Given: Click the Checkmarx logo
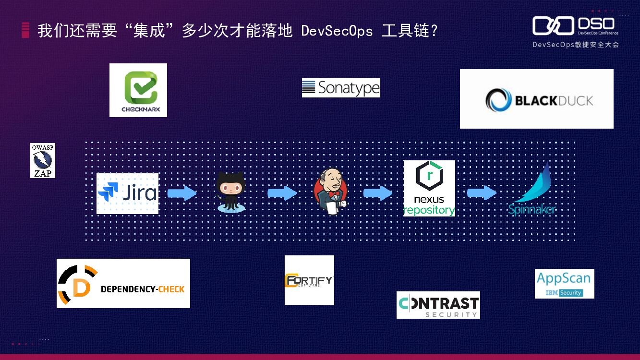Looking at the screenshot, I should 138,90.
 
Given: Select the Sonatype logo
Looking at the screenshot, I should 341,88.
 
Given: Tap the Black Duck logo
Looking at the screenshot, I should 536,99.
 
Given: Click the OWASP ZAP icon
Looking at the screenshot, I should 43,160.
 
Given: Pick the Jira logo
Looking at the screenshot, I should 128,193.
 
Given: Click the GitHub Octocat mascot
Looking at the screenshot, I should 231,192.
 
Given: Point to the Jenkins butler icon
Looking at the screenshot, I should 331,192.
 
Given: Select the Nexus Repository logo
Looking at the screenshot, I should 429,188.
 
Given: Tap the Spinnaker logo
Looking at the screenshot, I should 533,190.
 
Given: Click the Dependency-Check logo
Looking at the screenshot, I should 123,283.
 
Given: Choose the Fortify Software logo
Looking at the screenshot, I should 309,280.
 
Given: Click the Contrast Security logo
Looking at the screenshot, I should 438,305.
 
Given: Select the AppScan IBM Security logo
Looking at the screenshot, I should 564,284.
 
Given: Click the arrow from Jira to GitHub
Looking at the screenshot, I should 182,193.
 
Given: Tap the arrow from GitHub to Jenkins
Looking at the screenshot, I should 282,193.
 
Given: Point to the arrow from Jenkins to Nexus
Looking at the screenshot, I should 378,193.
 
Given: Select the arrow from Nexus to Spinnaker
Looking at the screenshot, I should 482,193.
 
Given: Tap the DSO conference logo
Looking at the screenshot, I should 575,26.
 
